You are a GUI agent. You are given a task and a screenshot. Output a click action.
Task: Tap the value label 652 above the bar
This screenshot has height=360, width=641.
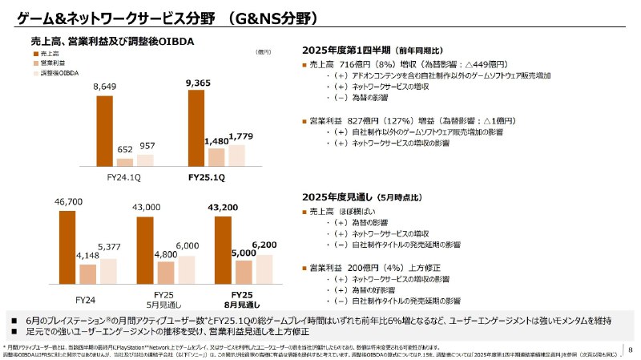[x=125, y=150]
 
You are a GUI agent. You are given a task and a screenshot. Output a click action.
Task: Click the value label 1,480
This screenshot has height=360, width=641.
[x=216, y=141]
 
